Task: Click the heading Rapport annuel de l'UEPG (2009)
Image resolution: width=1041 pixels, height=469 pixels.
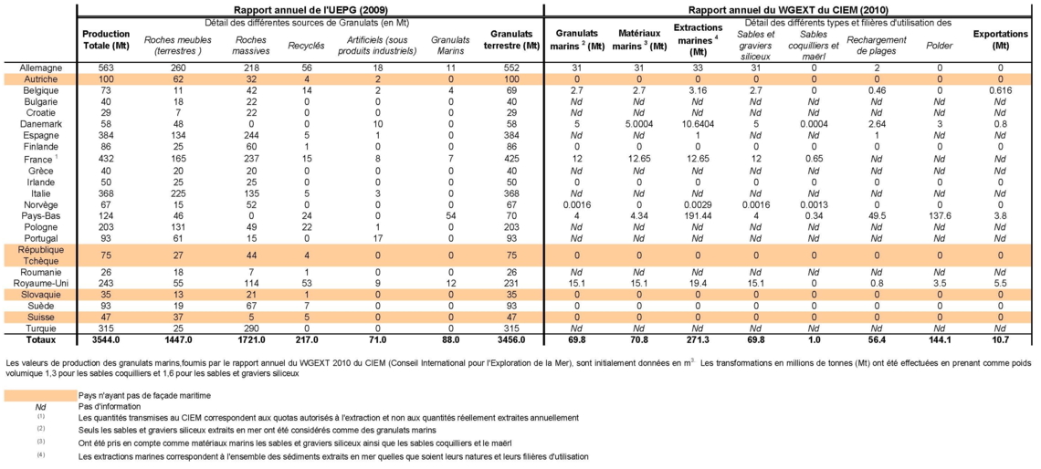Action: (x=310, y=10)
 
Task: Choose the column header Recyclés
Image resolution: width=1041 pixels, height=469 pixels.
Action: (x=306, y=46)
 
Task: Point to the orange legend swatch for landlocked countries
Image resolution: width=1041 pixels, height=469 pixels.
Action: (x=39, y=395)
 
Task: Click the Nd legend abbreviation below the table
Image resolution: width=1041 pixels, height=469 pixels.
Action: (x=40, y=406)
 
